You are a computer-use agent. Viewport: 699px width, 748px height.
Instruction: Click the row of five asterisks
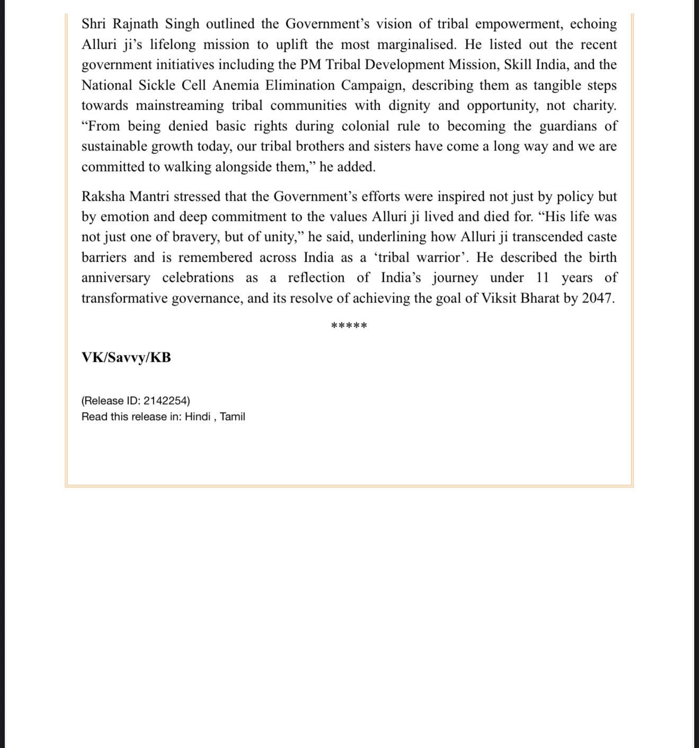point(349,325)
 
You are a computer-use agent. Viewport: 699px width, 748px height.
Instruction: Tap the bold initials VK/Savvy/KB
point(126,358)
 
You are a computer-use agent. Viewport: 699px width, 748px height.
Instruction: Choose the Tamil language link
point(233,417)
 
